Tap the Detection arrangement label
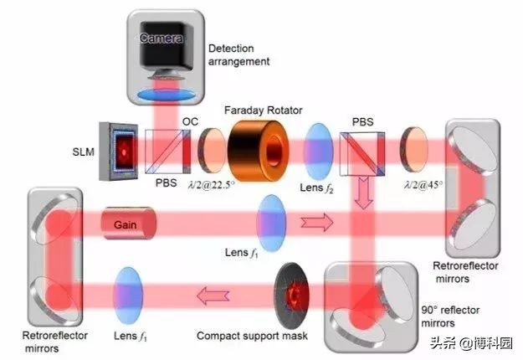click(x=242, y=54)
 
